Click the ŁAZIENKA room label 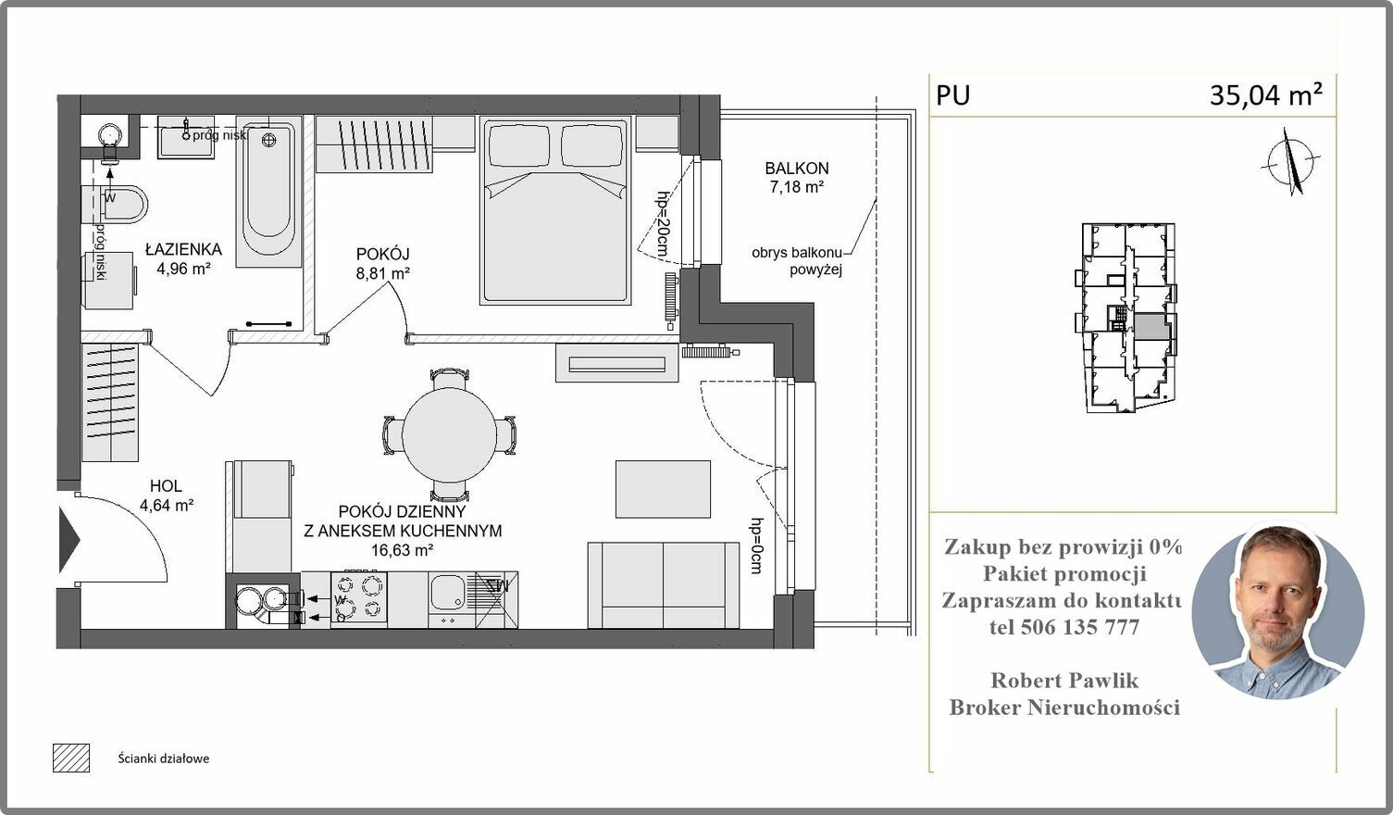pyautogui.click(x=183, y=249)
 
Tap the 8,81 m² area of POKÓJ pyautogui.click(x=382, y=273)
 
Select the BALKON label pyautogui.click(x=797, y=168)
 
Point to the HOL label pyautogui.click(x=166, y=486)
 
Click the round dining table pyautogui.click(x=449, y=434)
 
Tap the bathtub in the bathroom pyautogui.click(x=268, y=192)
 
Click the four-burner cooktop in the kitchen pyautogui.click(x=359, y=598)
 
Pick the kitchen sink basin pyautogui.click(x=446, y=591)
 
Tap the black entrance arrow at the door pyautogui.click(x=69, y=539)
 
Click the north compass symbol pyautogui.click(x=1291, y=162)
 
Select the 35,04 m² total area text pyautogui.click(x=1265, y=95)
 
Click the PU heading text pyautogui.click(x=952, y=95)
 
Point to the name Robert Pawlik pyautogui.click(x=1064, y=680)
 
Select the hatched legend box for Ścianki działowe pyautogui.click(x=71, y=758)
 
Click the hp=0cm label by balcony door pyautogui.click(x=756, y=545)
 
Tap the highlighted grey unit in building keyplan pyautogui.click(x=1150, y=326)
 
